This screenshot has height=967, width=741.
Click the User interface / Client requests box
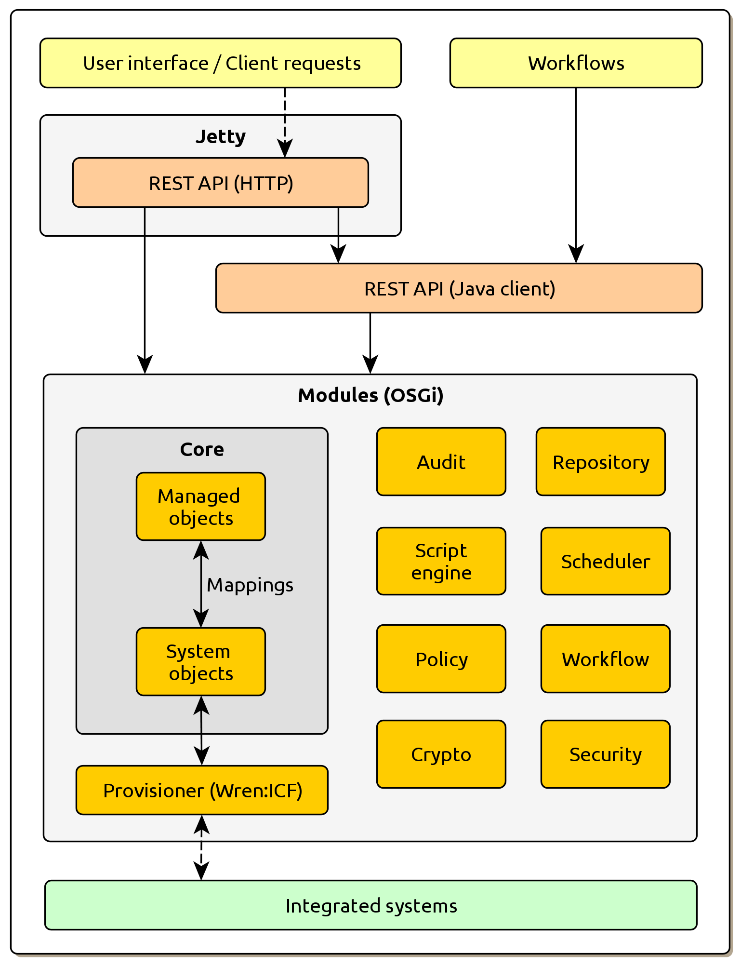pos(220,63)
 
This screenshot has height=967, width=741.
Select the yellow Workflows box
pos(576,63)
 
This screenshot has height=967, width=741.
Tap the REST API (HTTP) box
pos(220,183)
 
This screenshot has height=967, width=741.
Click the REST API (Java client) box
pos(459,288)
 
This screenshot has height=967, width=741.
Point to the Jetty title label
pos(220,137)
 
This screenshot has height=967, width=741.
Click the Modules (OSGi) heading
pos(370,395)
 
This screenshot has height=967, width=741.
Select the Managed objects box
pos(200,507)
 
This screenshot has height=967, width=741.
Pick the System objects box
pos(200,662)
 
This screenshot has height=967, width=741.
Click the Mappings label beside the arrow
pos(250,585)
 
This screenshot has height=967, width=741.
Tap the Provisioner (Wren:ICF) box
pos(202,791)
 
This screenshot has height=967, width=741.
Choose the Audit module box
pos(441,462)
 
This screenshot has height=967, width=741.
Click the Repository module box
pos(600,462)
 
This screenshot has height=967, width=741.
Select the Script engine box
pos(441,562)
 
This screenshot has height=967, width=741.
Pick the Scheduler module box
pos(605,562)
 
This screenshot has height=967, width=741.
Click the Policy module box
pos(441,659)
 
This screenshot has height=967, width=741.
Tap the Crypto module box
pos(441,754)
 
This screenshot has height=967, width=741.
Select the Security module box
pos(605,754)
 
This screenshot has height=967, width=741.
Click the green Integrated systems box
pos(370,905)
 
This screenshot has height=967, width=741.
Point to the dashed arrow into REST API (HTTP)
pos(285,121)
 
